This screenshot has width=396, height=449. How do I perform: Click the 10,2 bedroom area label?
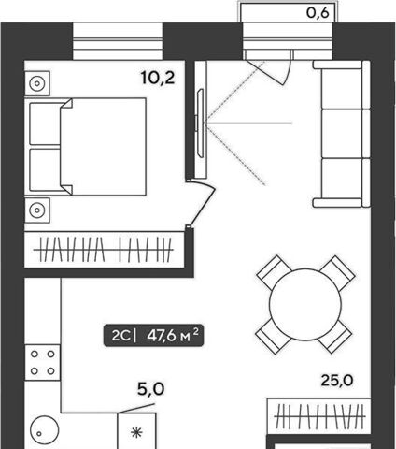click(158, 78)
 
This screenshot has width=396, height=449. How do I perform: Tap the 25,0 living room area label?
click(337, 381)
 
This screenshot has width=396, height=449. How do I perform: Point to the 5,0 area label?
click(150, 389)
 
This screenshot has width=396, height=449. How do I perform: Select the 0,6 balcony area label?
click(318, 13)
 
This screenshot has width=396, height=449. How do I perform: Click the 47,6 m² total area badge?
click(153, 336)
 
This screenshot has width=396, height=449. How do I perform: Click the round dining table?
click(305, 304)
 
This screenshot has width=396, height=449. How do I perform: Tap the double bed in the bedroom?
click(88, 147)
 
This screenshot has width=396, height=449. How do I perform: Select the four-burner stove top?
click(43, 362)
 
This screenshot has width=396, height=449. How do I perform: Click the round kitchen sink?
click(45, 429)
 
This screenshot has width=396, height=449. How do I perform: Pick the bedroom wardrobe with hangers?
click(104, 250)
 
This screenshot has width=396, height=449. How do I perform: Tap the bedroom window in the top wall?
click(118, 41)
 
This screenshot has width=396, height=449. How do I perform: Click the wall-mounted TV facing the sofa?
click(200, 123)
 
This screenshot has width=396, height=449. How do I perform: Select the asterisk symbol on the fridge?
click(136, 433)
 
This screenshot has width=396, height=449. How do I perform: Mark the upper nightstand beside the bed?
click(37, 83)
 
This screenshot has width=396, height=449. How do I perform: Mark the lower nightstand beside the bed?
click(37, 210)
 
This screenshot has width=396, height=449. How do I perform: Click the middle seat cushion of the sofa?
click(342, 134)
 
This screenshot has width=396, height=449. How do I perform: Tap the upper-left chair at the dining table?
click(274, 272)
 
